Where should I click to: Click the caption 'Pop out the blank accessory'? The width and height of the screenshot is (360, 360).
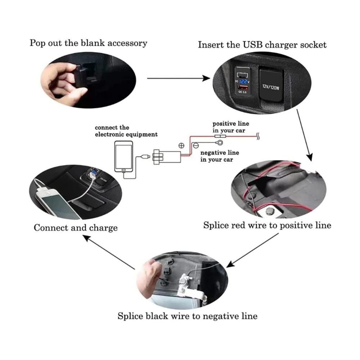[x=88, y=43]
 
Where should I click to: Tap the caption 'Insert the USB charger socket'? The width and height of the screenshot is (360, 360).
[x=262, y=45]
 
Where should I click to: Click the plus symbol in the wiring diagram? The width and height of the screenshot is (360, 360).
[x=181, y=146]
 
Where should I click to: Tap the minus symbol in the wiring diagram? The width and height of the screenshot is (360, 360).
[x=196, y=146]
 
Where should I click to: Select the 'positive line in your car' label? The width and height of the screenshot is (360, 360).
[x=230, y=127]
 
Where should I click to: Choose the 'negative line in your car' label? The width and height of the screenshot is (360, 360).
[x=220, y=156]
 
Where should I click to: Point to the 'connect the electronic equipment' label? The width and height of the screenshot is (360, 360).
[x=126, y=131]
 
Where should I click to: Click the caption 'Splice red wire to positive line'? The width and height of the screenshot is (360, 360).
[x=267, y=226]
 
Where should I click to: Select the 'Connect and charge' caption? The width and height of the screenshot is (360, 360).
[x=76, y=228]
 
